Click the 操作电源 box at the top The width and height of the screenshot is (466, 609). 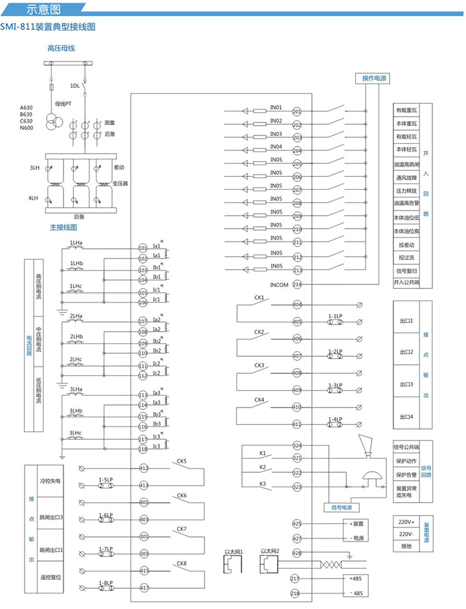click(375, 78)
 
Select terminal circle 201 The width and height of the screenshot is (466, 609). click(297, 111)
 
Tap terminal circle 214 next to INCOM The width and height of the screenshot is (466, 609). click(297, 284)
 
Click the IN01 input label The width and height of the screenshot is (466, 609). click(276, 107)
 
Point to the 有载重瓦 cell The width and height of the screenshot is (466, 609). click(406, 111)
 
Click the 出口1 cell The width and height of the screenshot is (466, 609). click(406, 321)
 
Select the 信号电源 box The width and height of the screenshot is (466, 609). click(341, 507)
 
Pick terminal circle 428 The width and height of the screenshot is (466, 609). click(297, 553)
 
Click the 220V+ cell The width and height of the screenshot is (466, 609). click(406, 522)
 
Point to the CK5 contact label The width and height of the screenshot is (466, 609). click(181, 461)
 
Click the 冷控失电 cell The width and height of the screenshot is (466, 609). click(50, 481)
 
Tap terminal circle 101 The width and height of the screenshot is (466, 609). click(143, 248)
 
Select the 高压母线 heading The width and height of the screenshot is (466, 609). click(61, 48)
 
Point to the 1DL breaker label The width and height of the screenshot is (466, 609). click(75, 85)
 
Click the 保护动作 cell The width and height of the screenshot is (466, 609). click(406, 461)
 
